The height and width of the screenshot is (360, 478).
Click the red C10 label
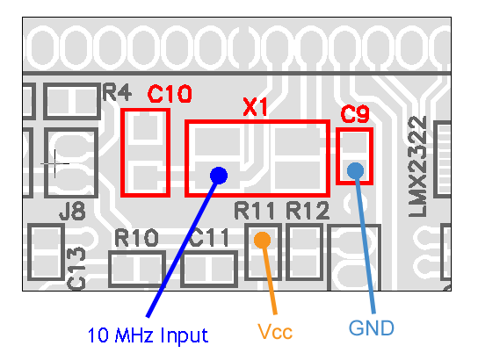[170, 94]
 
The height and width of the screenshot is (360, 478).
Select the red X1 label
[255, 107]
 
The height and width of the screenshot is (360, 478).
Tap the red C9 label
[355, 114]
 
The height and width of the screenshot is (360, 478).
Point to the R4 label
[117, 92]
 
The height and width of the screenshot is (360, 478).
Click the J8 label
[73, 211]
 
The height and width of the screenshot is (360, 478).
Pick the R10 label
[136, 238]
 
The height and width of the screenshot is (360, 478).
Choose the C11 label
[209, 238]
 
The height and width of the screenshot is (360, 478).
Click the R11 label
[254, 211]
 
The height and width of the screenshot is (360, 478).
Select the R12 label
[308, 211]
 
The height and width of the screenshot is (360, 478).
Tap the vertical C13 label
[76, 268]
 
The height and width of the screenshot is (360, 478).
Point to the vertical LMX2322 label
[417, 167]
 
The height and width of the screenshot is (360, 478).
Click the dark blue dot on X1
[219, 176]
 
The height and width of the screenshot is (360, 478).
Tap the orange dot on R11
[262, 240]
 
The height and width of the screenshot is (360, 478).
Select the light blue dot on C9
[356, 171]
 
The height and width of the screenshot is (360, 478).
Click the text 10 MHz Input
[148, 335]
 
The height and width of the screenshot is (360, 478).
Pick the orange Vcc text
[275, 331]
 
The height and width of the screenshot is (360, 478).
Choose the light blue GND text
[372, 328]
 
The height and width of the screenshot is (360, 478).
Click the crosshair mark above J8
[54, 164]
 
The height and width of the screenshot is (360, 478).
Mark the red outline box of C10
[122, 153]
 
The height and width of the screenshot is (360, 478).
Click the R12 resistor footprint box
[304, 226]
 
